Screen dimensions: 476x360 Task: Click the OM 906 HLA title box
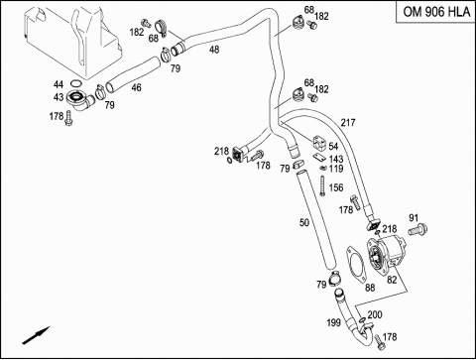[x=435, y=12]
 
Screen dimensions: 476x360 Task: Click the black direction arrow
[x=36, y=335]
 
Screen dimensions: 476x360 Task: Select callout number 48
[x=214, y=50]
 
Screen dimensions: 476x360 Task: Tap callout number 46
[x=136, y=87]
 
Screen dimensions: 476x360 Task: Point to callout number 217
[x=348, y=123]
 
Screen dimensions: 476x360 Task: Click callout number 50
[x=304, y=222]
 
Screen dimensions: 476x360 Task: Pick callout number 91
[x=414, y=218]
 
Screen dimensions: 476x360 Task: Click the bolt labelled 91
[x=417, y=229]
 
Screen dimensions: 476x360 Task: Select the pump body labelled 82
[x=388, y=256]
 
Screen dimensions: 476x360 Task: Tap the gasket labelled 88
[x=356, y=265]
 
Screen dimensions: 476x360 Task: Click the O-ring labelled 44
[x=75, y=82]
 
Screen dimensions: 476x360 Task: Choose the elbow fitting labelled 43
[x=79, y=100]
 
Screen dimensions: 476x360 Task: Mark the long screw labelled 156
[x=322, y=185]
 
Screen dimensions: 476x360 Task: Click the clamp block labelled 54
[x=320, y=143]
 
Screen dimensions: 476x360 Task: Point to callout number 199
[x=333, y=322]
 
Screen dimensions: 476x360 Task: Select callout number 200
[x=375, y=314]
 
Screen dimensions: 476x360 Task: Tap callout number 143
[x=336, y=160]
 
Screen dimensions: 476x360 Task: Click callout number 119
[x=336, y=169]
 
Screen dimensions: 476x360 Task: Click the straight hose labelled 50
[x=315, y=219]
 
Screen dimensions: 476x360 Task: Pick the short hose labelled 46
[x=132, y=74]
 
